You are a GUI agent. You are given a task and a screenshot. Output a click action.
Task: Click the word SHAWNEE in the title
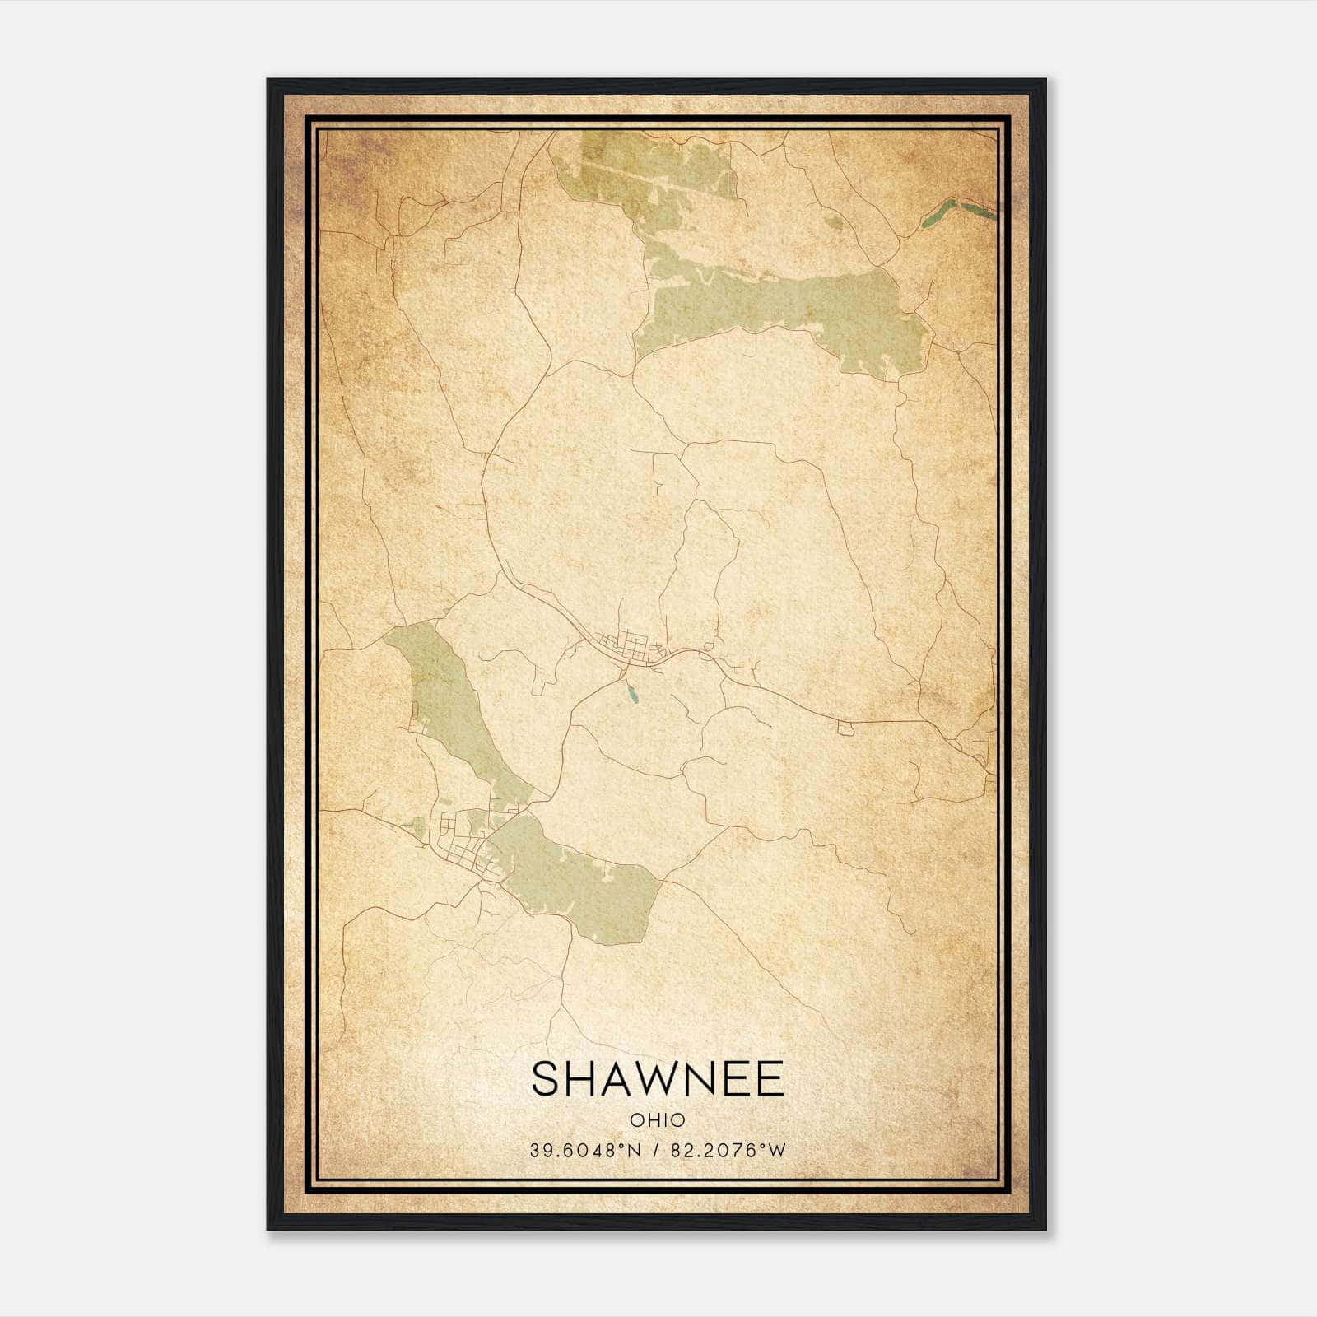pyautogui.click(x=657, y=1079)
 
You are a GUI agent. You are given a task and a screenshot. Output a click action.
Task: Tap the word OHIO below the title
pyautogui.click(x=657, y=1119)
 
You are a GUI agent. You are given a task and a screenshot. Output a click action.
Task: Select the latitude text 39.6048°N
pyautogui.click(x=584, y=1151)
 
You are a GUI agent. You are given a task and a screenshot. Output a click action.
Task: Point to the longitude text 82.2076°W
pyautogui.click(x=728, y=1151)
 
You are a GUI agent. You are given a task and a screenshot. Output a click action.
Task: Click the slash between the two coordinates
pyautogui.click(x=657, y=1151)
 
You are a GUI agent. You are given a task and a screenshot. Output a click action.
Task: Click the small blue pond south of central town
pyautogui.click(x=632, y=696)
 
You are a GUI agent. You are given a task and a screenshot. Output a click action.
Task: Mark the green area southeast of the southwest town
pyautogui.click(x=576, y=881)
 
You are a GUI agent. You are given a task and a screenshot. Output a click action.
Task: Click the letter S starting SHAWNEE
pyautogui.click(x=546, y=1079)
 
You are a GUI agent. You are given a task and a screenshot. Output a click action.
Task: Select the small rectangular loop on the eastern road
pyautogui.click(x=845, y=728)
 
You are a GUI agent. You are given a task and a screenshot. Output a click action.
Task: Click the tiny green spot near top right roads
pyautogui.click(x=835, y=221)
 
